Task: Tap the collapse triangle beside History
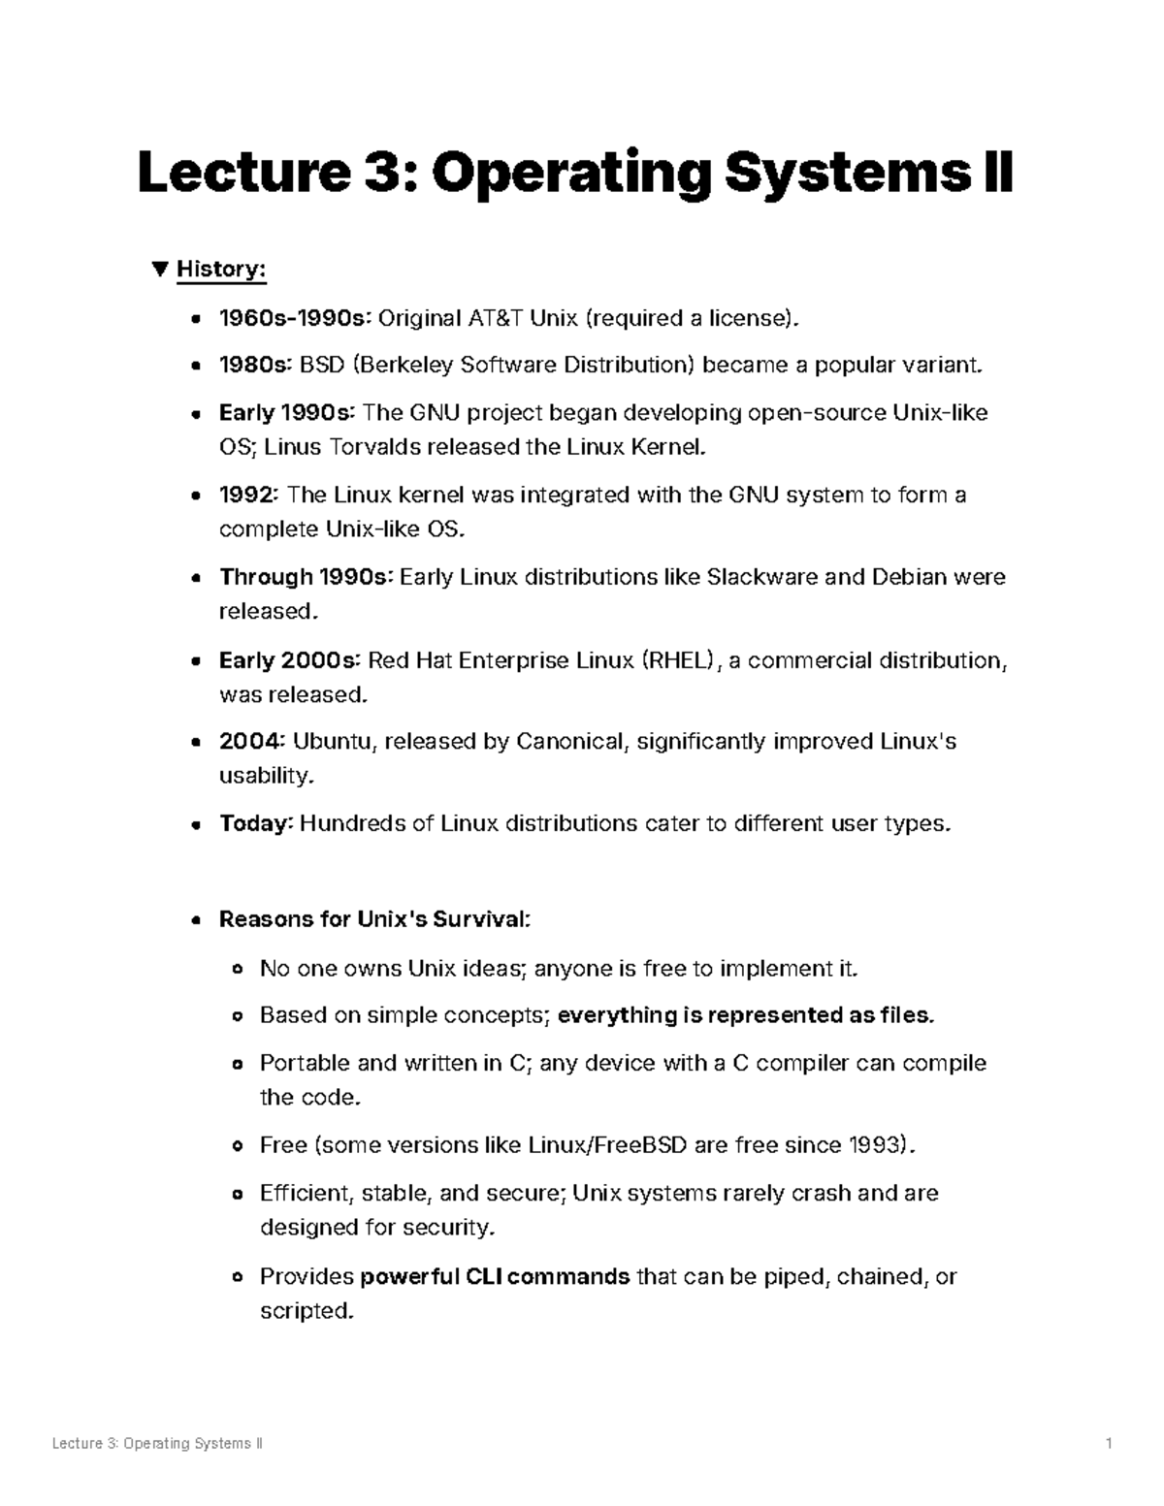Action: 160,269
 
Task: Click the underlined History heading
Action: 221,269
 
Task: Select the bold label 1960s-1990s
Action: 295,318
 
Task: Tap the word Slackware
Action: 761,578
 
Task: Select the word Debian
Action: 909,578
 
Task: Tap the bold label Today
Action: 255,824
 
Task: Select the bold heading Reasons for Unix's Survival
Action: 374,919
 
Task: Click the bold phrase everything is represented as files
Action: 746,1015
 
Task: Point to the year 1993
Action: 877,1145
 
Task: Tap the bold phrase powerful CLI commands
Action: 495,1276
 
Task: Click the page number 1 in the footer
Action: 1108,1444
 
